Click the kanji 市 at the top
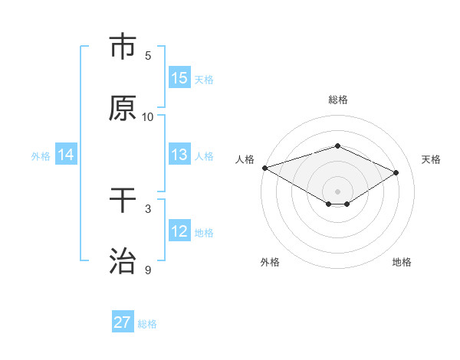pos(123,47)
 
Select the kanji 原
pos(123,108)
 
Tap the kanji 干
pos(123,200)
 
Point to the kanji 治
pos(123,261)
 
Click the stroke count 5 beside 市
pos(148,56)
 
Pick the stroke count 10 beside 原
pos(148,117)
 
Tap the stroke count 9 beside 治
pos(148,270)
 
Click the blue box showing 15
pos(179,78)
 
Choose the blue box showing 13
pos(179,155)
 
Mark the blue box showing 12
pos(179,231)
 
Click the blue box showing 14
pos(66,155)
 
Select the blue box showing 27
pos(123,322)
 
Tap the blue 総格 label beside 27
pos(147,324)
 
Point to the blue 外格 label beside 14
pos(41,155)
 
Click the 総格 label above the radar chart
pos(337,100)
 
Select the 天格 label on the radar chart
pos(431,159)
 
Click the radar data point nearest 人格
pos(264,168)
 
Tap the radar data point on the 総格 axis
pos(337,146)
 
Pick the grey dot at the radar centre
pos(337,191)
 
